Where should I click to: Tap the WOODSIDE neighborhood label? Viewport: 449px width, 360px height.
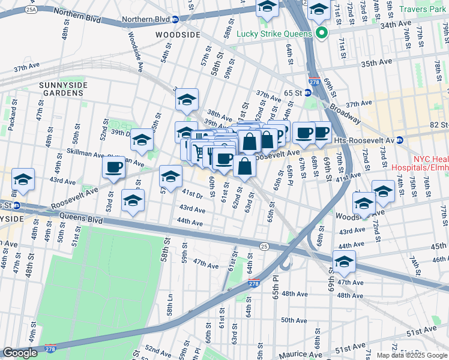[x=177, y=35]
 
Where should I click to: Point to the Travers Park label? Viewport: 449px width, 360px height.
[x=424, y=10]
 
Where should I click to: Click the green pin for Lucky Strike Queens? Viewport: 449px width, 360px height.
[x=321, y=33]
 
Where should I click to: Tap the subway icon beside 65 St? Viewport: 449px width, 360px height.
[x=307, y=93]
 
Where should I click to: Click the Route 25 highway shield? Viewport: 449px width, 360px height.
[x=264, y=246]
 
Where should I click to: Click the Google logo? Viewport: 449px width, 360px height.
[x=20, y=352]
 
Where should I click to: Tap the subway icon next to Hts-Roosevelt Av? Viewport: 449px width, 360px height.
[x=400, y=140]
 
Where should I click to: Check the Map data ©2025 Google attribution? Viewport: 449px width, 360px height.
[x=411, y=355]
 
